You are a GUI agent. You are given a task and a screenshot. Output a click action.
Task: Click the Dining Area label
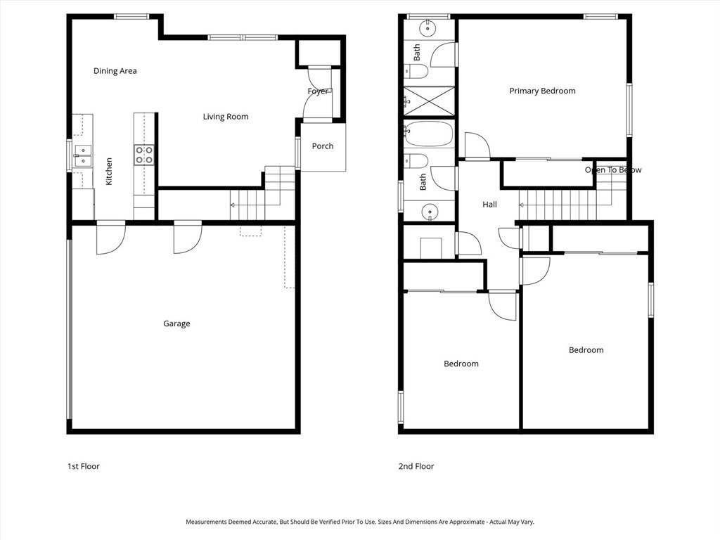pos(115,71)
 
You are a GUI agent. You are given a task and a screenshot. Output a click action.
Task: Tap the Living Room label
pos(226,117)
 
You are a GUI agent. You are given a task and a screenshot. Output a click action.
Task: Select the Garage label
pos(176,323)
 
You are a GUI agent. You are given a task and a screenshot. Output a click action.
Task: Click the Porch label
pos(322,146)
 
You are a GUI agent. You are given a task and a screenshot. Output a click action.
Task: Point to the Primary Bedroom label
pos(542,91)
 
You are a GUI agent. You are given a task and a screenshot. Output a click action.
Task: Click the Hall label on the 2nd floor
pos(489,205)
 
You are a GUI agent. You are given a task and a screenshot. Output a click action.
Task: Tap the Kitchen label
pos(109,172)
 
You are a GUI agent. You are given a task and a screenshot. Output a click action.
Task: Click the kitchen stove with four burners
pos(143,155)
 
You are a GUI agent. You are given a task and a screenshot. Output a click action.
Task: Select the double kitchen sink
pos(83,155)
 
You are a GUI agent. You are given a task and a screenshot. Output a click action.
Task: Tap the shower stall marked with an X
pos(429,101)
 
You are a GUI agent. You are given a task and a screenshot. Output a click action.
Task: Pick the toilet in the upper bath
pos(416,71)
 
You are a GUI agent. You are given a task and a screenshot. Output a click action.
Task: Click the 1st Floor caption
pos(84,466)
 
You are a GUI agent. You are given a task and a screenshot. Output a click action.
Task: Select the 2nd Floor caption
pos(416,466)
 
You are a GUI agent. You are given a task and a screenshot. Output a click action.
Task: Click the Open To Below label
pos(613,170)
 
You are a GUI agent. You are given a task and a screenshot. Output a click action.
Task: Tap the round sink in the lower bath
pos(430,212)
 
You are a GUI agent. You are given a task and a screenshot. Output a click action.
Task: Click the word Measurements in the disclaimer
pos(206,522)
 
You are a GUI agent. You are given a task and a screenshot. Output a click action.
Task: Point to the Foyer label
pos(318,91)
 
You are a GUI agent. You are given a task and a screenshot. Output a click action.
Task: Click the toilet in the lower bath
pos(416,161)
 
